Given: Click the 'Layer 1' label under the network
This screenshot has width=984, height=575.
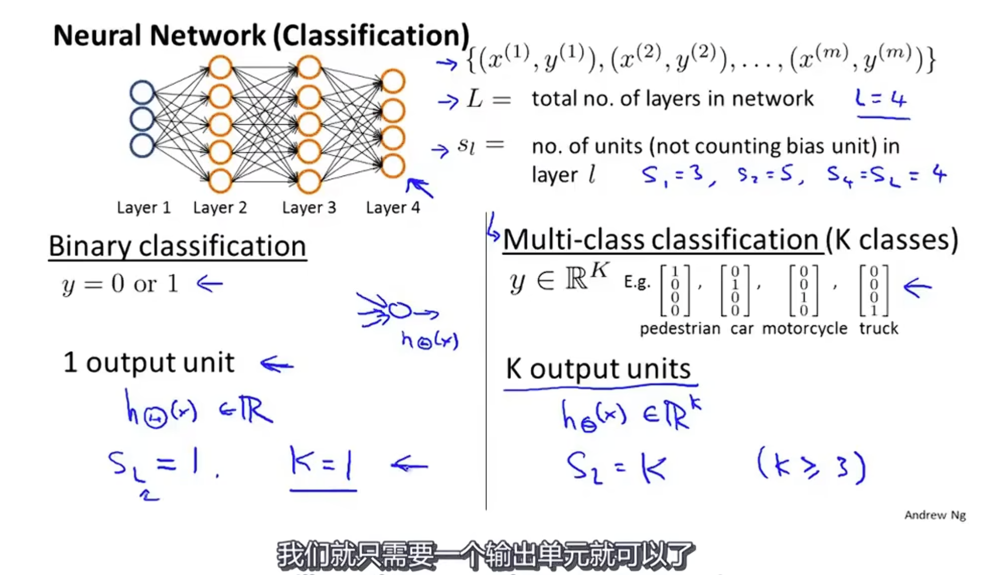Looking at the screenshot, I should coord(143,207).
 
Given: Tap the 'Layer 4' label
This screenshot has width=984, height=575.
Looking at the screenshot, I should coord(392,207).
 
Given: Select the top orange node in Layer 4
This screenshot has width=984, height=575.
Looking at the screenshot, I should coord(392,81).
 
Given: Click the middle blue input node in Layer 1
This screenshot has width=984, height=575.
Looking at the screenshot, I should coord(142,119).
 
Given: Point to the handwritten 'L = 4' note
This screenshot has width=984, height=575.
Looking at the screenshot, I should coord(881,99).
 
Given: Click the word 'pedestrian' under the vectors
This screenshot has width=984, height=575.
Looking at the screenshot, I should coord(680,328).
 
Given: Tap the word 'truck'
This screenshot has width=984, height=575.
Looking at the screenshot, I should coord(878,328).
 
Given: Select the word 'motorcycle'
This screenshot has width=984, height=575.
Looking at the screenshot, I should coord(804,328).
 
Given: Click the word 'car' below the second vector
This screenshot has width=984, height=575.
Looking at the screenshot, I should coord(742,328).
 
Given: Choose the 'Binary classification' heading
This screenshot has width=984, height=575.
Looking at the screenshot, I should coord(177,246).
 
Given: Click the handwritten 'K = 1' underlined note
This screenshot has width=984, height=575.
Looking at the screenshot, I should coord(322,464).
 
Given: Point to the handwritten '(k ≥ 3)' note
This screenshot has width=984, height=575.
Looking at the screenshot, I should coord(811,466).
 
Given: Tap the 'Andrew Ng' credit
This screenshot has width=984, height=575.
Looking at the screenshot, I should coord(935,515).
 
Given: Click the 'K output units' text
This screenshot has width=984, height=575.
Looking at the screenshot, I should coord(598,368).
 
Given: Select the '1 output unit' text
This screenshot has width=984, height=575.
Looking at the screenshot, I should coord(149,362).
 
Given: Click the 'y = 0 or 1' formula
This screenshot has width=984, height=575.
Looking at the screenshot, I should coord(120,284).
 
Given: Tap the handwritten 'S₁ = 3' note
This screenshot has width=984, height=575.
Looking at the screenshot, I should coord(673,175).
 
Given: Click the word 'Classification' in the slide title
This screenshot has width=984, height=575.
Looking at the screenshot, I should coord(371,35).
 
